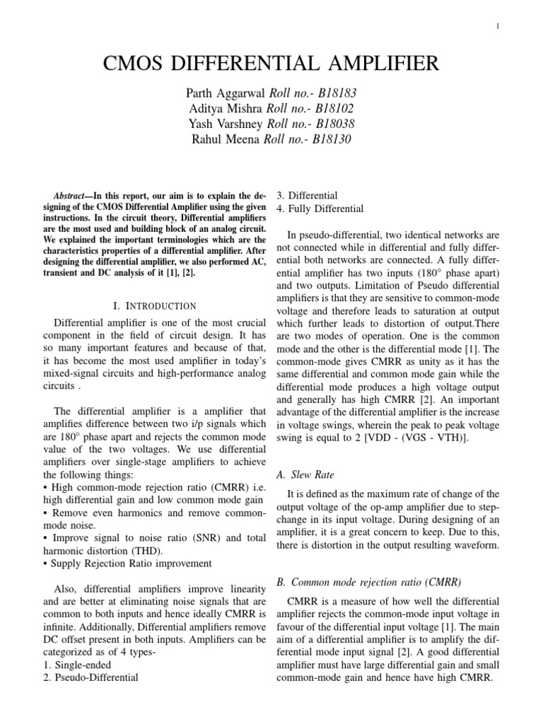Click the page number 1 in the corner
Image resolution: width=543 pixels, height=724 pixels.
498,27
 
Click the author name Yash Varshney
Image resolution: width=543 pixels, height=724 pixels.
224,124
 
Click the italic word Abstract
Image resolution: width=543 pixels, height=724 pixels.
73,196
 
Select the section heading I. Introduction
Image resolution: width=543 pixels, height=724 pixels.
155,306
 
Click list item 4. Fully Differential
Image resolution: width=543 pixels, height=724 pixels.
320,209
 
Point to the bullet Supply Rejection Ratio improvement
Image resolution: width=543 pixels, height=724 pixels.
130,563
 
